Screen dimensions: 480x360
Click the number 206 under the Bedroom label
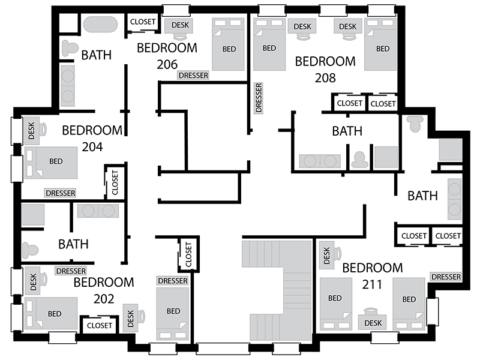point(167,64)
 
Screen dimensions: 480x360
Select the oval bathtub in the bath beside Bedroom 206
point(100,25)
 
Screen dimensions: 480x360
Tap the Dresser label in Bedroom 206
point(193,76)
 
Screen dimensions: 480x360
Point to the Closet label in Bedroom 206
point(143,22)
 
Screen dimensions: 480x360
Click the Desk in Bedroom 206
point(180,26)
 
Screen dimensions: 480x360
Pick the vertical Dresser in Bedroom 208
point(259,98)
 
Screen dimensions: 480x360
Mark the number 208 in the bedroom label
point(325,78)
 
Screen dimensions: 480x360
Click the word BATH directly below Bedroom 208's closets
point(347,131)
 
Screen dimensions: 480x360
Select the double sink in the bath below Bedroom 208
point(320,161)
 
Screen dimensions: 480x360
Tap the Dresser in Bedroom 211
point(446,277)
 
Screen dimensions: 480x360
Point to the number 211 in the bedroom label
point(372,284)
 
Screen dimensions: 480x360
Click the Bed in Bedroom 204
point(51,163)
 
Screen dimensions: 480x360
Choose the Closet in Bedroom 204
point(115,183)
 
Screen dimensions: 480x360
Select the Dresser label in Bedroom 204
point(61,193)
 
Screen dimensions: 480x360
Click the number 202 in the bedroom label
point(104,299)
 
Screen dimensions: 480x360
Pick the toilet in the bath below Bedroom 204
point(30,250)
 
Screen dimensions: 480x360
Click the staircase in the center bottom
point(277,290)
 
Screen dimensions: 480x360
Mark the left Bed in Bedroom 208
point(269,44)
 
